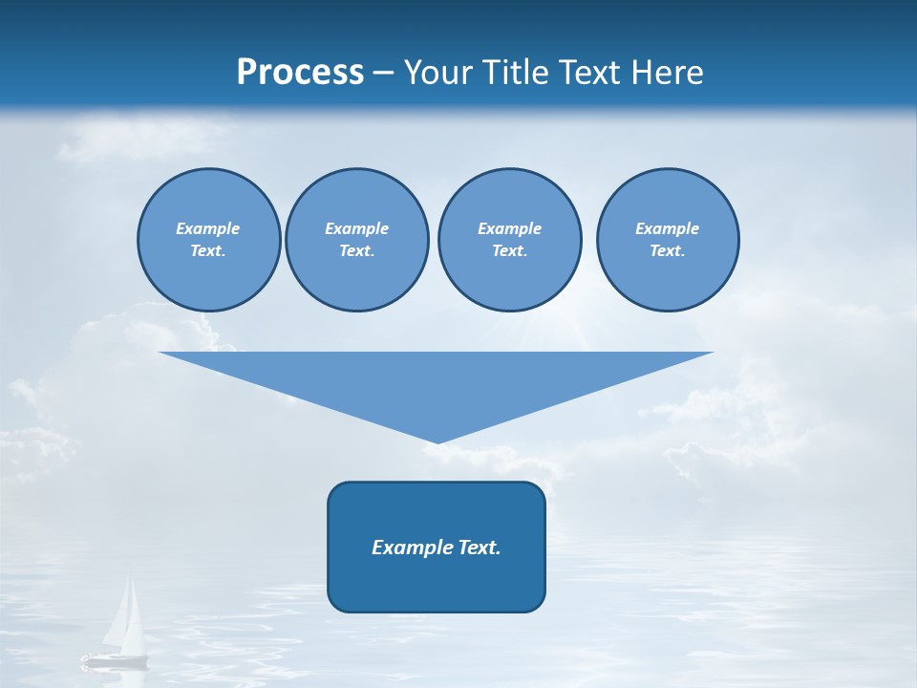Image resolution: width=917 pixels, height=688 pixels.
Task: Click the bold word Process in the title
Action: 300,73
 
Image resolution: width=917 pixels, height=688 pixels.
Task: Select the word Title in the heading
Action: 522,73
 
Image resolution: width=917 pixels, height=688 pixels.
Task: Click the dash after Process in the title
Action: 383,74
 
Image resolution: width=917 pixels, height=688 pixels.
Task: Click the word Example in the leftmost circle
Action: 208,228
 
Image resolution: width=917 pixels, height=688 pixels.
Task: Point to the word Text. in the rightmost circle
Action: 667,250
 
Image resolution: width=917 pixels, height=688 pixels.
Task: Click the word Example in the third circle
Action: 509,228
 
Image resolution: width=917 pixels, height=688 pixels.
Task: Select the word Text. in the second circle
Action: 356,250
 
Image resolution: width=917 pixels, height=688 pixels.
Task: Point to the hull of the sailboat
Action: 115,657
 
